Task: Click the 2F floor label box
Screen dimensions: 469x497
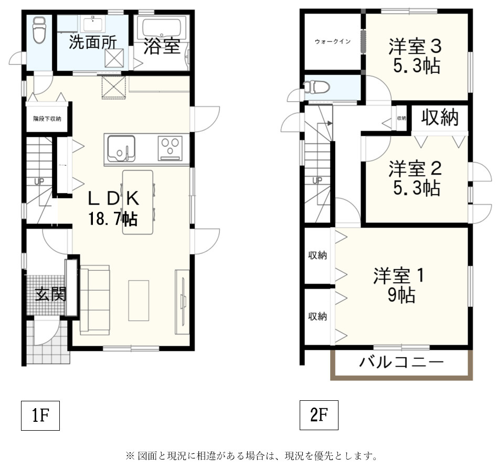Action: (319, 415)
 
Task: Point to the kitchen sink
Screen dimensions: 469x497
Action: (121, 148)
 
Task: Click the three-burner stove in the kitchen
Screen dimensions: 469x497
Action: (171, 146)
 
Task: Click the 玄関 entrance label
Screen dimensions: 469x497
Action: (50, 294)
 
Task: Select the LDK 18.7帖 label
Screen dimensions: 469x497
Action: (113, 208)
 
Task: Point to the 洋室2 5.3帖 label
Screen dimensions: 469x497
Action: (415, 178)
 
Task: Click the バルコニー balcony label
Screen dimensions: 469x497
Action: (401, 362)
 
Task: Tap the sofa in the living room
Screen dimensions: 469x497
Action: (95, 299)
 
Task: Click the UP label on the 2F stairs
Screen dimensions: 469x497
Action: (317, 180)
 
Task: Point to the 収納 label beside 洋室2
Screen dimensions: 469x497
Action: (440, 118)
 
